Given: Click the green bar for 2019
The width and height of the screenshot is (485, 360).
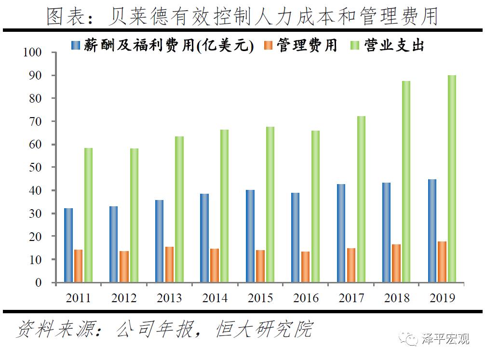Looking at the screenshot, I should [x=452, y=179].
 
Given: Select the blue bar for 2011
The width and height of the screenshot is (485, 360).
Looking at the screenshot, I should [x=68, y=245].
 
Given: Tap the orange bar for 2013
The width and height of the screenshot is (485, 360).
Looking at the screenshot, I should [x=170, y=265].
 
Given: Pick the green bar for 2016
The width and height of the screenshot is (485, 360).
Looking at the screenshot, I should [x=315, y=206].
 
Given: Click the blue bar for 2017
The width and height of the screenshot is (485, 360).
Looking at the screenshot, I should [x=341, y=233].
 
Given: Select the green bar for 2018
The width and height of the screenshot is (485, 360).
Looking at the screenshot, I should [x=406, y=182].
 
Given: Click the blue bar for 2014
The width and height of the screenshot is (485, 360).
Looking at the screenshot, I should [x=205, y=238].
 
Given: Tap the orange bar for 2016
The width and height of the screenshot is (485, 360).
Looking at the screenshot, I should [x=306, y=267].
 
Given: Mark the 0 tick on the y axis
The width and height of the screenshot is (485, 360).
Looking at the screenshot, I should [x=40, y=283].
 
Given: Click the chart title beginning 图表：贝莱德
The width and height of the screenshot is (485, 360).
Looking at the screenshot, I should [x=242, y=17].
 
